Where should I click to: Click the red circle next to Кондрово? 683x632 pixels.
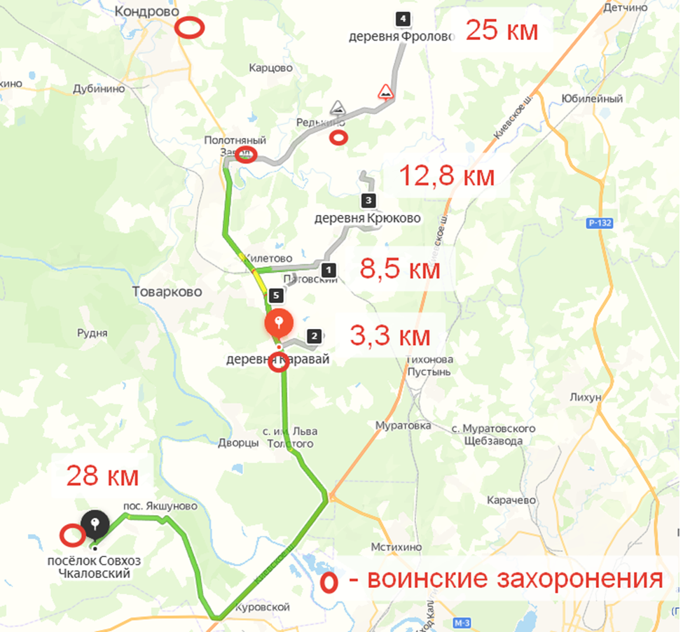(x=189, y=28)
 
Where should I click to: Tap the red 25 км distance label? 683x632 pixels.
(x=502, y=30)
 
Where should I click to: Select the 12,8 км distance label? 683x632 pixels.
(x=447, y=175)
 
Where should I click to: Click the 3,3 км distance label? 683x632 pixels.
(x=389, y=337)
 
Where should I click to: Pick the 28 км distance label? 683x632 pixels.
(x=103, y=476)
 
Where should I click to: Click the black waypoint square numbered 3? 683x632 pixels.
(x=369, y=201)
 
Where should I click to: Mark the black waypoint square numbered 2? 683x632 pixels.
(x=315, y=337)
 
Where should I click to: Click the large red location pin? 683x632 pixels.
(x=279, y=324)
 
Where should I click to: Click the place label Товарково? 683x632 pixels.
(x=167, y=291)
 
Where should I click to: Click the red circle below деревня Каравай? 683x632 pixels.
(x=280, y=363)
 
